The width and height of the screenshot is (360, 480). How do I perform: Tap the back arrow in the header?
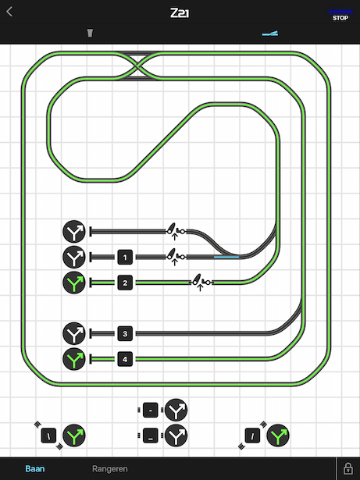(9, 12)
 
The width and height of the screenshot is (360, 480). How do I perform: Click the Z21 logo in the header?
(180, 12)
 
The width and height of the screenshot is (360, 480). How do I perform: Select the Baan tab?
(35, 468)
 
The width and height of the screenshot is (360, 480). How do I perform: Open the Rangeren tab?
(109, 468)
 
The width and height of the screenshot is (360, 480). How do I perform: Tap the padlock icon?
(348, 468)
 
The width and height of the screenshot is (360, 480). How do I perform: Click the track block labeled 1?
(125, 257)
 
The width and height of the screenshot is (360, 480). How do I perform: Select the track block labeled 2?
(125, 283)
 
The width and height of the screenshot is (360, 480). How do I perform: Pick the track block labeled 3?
(125, 333)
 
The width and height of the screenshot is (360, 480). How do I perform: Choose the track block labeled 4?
(125, 359)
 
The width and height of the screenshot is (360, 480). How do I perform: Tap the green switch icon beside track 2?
(74, 283)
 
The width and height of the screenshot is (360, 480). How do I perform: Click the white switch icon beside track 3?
(74, 333)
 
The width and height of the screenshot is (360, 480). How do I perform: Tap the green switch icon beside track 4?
(74, 359)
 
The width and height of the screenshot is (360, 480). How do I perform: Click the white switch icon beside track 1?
(74, 257)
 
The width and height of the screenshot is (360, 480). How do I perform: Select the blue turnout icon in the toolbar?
(270, 33)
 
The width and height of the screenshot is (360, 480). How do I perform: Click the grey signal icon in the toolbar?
(90, 33)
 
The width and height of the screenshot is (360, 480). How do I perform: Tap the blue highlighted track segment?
(226, 257)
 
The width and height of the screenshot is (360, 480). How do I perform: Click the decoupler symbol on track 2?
(201, 283)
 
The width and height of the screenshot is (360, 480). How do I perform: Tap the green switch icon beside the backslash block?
(74, 436)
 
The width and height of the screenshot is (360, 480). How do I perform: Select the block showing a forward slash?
(252, 436)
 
